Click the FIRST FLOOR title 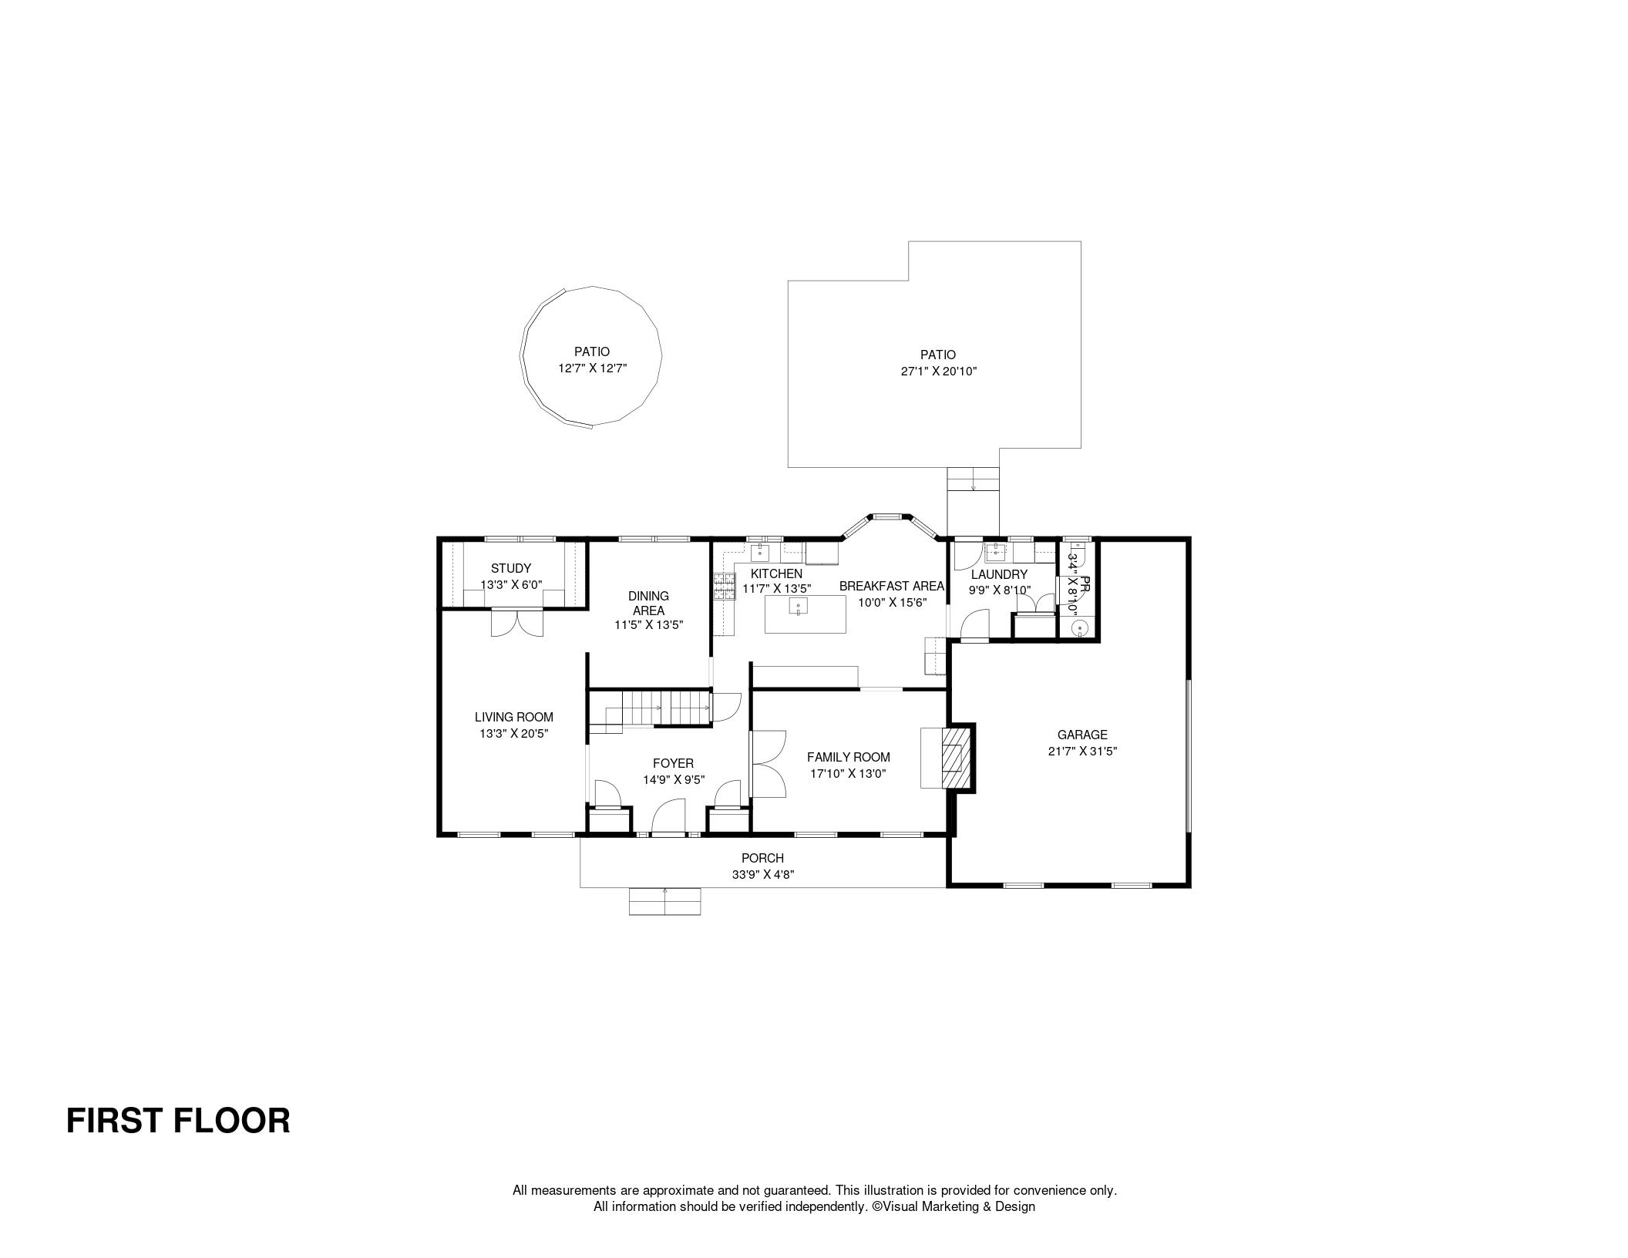[178, 1121]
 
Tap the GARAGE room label [1082, 735]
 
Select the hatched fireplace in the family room [955, 758]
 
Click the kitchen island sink [799, 607]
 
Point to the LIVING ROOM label [514, 718]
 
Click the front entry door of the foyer [668, 817]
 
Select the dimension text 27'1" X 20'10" [938, 372]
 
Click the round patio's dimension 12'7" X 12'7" [593, 368]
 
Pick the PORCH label [762, 858]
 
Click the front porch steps [665, 901]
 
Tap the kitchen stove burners [724, 587]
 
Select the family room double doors [769, 763]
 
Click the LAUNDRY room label [999, 574]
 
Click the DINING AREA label [648, 603]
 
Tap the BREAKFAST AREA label [892, 586]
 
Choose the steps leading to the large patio [973, 479]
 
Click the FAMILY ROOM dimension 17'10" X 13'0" [848, 773]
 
